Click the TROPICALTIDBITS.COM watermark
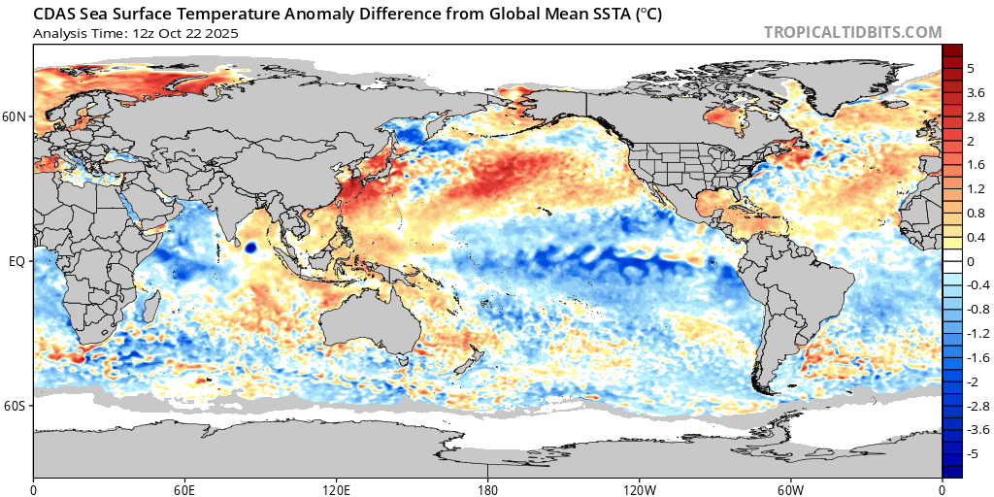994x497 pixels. coord(852,32)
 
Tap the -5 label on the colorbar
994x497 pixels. coord(972,453)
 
